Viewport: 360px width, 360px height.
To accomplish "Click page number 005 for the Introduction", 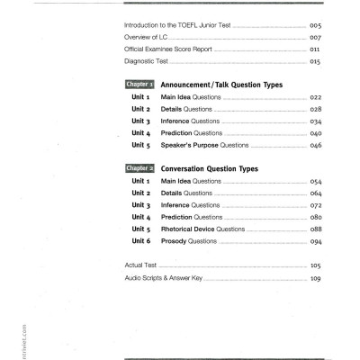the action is (x=314, y=27).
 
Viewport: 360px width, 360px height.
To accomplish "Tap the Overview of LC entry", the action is (x=148, y=39).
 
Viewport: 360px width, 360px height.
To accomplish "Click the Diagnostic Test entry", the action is (x=146, y=63).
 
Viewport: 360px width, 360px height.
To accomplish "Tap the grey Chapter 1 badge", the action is (x=139, y=85).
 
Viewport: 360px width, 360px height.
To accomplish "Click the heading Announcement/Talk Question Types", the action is (x=220, y=85).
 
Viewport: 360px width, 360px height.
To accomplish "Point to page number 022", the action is (x=314, y=96).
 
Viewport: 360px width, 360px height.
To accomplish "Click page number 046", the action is (x=314, y=144).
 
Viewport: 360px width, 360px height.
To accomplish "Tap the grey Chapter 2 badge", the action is (x=139, y=168).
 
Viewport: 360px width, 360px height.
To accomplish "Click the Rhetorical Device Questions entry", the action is (x=202, y=229).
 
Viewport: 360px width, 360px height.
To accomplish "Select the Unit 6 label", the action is (x=139, y=241).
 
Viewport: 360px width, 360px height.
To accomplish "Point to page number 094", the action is (x=314, y=241).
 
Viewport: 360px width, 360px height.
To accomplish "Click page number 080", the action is (x=314, y=217).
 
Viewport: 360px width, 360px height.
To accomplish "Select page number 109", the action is (x=314, y=278).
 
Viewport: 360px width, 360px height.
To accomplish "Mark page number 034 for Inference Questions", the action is (x=314, y=121).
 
